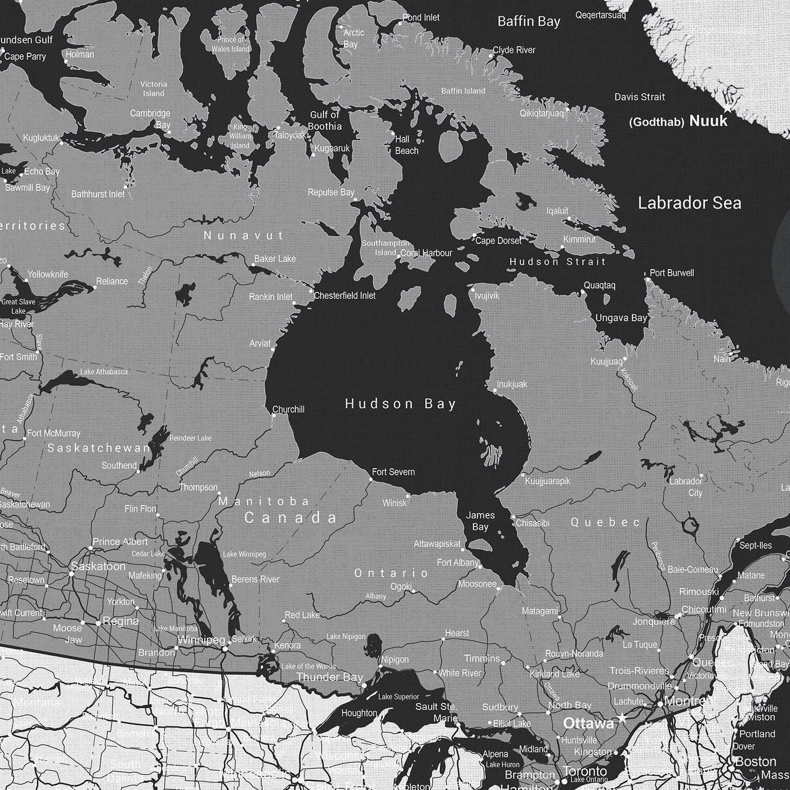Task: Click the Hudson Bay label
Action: [400, 404]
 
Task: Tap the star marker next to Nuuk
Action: [727, 108]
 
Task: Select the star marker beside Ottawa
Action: [622, 718]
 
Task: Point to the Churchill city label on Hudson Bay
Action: [288, 409]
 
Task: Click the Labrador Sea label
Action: [689, 203]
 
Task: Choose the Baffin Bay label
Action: [529, 22]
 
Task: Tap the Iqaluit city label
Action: [557, 211]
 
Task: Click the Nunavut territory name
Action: [243, 235]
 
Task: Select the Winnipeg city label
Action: [202, 640]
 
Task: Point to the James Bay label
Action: [480, 521]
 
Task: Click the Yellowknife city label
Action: [48, 274]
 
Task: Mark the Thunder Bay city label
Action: [330, 677]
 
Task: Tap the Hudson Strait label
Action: [557, 261]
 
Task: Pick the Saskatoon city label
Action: [98, 566]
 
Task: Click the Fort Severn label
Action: [393, 472]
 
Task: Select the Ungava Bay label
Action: [621, 318]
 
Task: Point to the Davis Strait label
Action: [639, 97]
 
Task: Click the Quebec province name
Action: [606, 522]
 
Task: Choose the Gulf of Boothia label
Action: [325, 121]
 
